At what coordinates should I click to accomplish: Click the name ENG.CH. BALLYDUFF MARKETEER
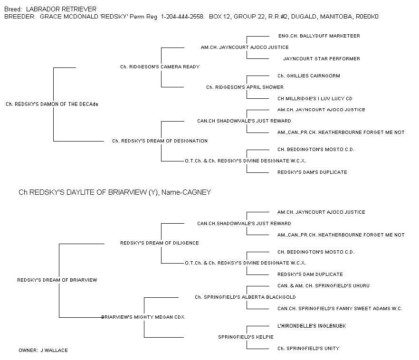319,36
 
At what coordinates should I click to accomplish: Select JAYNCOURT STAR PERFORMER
322,59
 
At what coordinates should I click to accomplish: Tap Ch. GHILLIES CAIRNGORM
309,76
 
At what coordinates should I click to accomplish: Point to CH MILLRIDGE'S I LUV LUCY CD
315,98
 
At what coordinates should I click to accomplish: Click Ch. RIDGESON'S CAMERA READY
160,67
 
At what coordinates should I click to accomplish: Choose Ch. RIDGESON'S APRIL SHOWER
245,87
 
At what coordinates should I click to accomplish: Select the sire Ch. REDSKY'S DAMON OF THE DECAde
52,104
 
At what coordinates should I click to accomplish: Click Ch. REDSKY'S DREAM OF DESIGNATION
160,141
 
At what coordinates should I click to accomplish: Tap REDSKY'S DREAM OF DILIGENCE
160,243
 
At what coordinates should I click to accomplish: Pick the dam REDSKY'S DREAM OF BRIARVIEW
57,280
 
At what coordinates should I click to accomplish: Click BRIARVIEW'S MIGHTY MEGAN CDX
143,317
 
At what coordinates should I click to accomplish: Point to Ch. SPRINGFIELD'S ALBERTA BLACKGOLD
245,297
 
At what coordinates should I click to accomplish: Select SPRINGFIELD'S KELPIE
246,337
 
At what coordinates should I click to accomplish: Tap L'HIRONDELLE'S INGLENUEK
312,326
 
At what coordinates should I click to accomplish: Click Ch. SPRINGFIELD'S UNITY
308,349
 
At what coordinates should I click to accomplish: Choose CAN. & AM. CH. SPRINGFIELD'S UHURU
324,286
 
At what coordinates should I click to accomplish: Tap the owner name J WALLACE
54,351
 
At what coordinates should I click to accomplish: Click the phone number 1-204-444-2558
182,17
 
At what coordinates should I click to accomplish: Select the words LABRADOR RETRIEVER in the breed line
61,9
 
